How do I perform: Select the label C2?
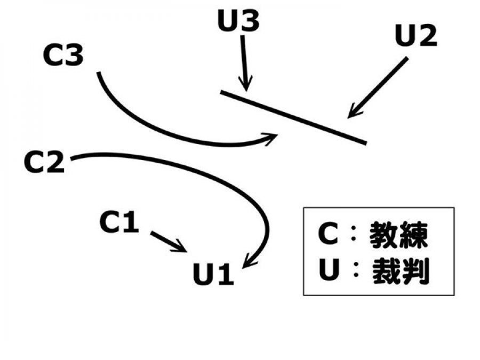point(44,163)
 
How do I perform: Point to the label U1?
point(213,275)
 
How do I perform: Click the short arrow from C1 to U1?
point(168,242)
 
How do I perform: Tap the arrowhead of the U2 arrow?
point(352,111)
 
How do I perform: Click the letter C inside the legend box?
point(327,235)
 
